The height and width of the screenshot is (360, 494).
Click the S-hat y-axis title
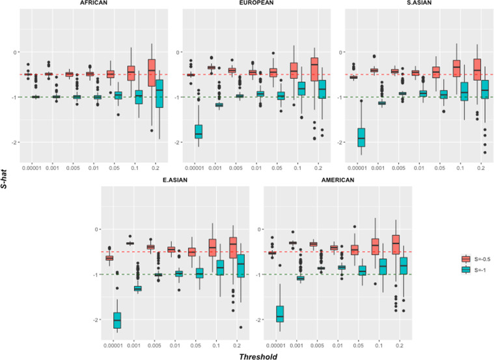tap(6, 179)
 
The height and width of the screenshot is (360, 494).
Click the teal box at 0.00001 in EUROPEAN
tap(199, 132)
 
